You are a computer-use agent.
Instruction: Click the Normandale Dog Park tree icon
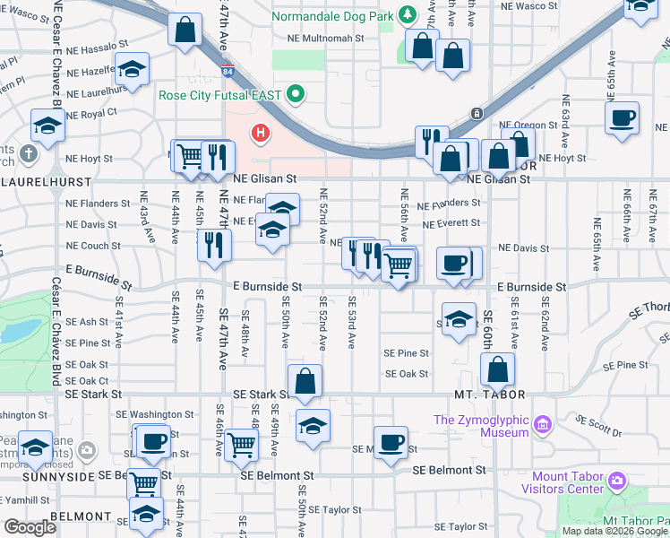click(408, 14)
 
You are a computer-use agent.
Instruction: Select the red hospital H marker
click(261, 134)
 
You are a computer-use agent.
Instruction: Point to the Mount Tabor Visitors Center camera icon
click(616, 482)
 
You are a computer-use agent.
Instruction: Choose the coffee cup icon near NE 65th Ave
click(622, 118)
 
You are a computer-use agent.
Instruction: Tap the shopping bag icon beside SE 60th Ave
click(497, 369)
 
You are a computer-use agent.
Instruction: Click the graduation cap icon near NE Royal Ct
click(47, 126)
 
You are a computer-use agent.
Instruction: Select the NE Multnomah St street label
click(326, 39)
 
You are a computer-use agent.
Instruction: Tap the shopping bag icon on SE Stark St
click(305, 380)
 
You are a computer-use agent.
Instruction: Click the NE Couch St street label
click(93, 246)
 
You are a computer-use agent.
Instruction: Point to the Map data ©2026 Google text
click(614, 531)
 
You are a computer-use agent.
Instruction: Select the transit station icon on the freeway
click(477, 113)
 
